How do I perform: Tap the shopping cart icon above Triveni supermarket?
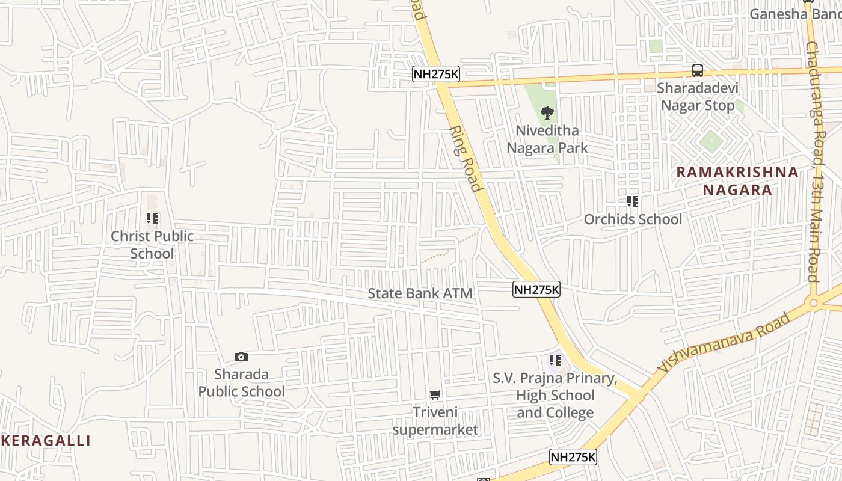coord(435,395)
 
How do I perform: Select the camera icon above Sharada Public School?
coord(241,357)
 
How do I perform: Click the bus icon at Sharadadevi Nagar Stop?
coord(697,70)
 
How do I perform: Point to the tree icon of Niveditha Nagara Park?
coord(547,112)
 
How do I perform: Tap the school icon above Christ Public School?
coord(152,219)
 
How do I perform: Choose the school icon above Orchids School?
coord(632,201)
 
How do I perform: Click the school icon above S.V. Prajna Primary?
coord(555,361)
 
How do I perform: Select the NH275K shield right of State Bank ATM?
coord(536,290)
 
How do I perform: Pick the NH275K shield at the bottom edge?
coord(573,457)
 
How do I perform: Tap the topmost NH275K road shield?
coord(436,75)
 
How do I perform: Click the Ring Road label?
coord(466,159)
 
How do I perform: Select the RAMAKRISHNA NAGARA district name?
coord(737,181)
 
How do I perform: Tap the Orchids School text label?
coord(633,219)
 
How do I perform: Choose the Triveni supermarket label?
coord(435,421)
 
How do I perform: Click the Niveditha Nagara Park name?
coord(547,139)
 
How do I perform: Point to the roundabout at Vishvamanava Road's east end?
coord(814,303)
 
